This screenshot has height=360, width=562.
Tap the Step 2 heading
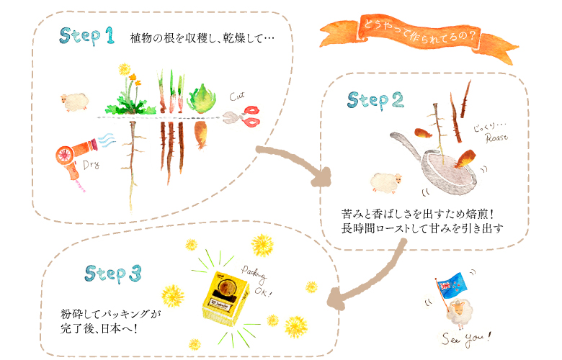tap(375, 101)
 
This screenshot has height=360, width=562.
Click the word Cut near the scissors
tap(238, 96)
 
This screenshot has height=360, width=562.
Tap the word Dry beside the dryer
tap(91, 164)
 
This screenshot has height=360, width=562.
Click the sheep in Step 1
tap(73, 102)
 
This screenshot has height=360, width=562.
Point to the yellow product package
tap(225, 294)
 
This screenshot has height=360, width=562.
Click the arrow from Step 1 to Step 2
tap(295, 163)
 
